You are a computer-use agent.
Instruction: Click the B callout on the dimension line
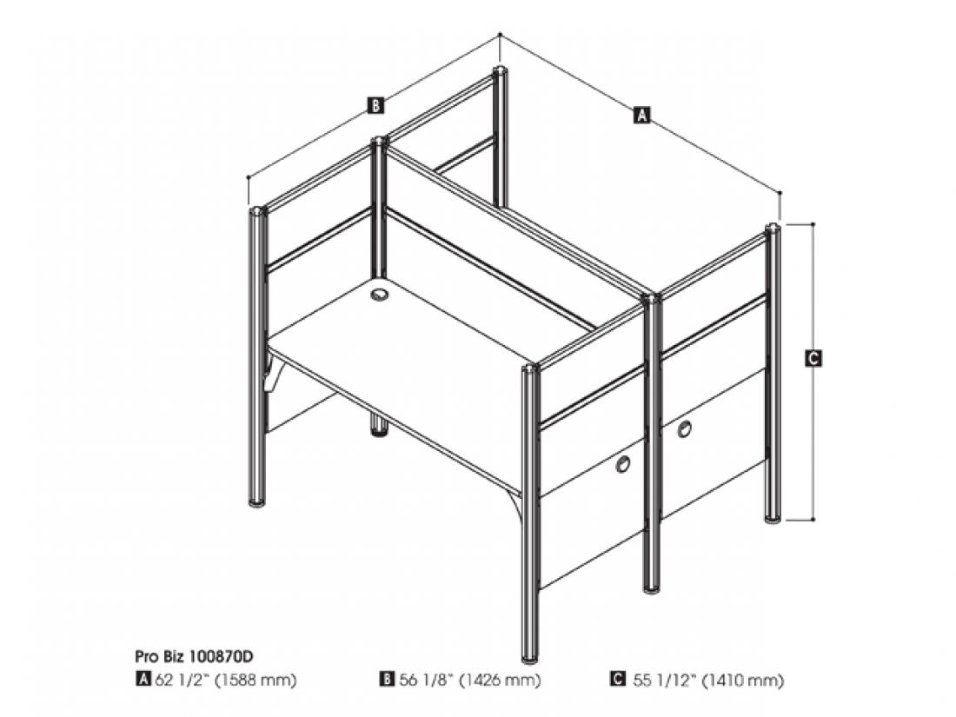point(375,105)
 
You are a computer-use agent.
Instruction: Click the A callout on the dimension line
point(641,115)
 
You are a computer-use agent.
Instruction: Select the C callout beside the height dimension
point(813,358)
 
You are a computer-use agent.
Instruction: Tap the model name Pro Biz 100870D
point(193,657)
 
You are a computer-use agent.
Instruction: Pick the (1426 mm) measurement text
point(500,680)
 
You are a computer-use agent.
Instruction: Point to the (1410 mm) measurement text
point(743,680)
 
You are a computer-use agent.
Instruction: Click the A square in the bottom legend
point(143,680)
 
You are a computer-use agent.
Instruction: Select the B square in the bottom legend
point(387,680)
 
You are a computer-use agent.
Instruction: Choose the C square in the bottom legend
point(618,680)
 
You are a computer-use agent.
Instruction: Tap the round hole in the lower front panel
point(622,465)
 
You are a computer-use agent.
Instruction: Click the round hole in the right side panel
point(685,429)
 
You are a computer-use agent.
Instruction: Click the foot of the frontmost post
point(531,657)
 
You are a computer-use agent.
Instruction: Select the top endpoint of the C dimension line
point(813,223)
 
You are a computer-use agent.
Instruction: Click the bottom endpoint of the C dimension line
point(813,520)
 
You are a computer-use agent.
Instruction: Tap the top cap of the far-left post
point(258,211)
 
